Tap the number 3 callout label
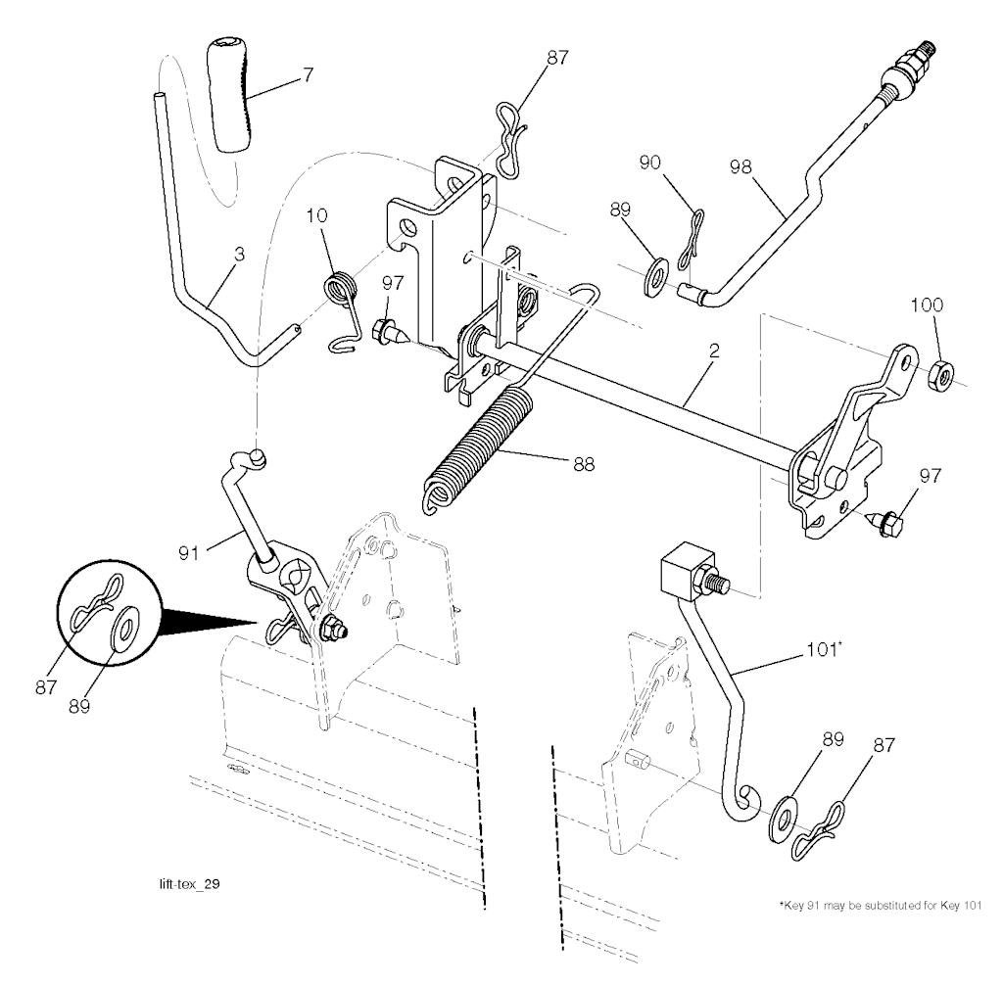tap(239, 253)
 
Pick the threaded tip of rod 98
tap(927, 48)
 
